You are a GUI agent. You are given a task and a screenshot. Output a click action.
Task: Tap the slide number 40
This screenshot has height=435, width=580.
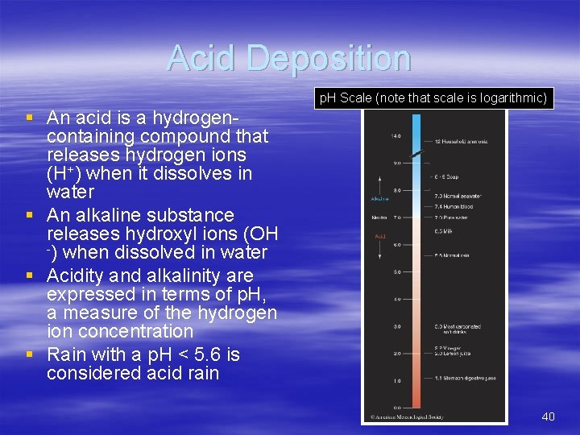548,416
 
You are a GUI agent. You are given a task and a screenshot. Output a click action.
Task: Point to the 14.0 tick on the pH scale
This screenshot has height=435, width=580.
396,136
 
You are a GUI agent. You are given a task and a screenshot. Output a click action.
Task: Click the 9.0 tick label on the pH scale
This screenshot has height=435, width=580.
396,163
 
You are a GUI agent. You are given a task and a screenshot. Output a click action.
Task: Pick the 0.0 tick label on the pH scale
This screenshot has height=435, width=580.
396,408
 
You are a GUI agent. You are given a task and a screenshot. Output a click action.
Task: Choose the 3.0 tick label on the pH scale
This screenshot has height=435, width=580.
396,326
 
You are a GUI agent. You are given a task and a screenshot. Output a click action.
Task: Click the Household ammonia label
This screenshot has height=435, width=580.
461,141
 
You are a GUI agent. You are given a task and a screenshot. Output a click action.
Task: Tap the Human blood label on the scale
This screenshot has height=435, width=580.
455,206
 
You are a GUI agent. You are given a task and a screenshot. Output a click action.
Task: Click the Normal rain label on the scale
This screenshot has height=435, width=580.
454,255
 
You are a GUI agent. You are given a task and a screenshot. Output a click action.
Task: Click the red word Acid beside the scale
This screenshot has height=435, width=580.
380,236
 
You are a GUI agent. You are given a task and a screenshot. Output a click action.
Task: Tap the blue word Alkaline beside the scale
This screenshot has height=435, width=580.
379,198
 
